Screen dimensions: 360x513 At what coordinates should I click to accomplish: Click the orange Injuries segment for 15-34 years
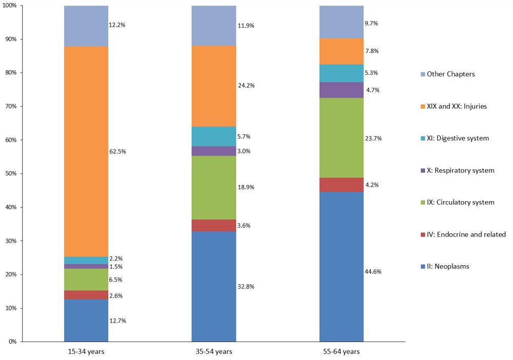tap(86, 151)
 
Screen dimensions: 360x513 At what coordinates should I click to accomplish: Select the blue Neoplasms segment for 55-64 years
tap(341, 267)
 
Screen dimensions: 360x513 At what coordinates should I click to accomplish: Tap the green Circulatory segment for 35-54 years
tap(213, 188)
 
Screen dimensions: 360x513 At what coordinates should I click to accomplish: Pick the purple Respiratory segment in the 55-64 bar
tap(341, 90)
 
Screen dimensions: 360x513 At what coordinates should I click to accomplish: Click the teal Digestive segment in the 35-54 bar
tap(213, 136)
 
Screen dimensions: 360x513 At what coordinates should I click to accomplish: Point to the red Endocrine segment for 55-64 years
tap(341, 185)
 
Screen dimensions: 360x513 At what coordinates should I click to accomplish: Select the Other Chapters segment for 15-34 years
tap(86, 26)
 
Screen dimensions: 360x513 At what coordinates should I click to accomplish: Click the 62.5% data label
tap(117, 152)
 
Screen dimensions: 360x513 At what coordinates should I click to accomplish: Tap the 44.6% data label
tap(373, 272)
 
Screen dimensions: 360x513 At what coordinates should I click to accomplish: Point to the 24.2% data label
tap(246, 86)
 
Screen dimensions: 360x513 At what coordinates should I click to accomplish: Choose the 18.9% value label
tap(246, 187)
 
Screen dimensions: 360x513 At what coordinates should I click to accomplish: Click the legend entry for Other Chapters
tap(450, 74)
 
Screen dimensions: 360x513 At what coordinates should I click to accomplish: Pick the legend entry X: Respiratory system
tap(460, 170)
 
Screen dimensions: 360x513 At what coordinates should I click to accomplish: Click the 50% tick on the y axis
tap(10, 173)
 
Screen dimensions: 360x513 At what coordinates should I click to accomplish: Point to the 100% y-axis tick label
tap(9, 6)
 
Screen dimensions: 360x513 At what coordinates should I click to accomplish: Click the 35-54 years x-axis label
tap(213, 352)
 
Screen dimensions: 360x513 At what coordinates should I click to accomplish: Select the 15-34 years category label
tap(86, 352)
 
